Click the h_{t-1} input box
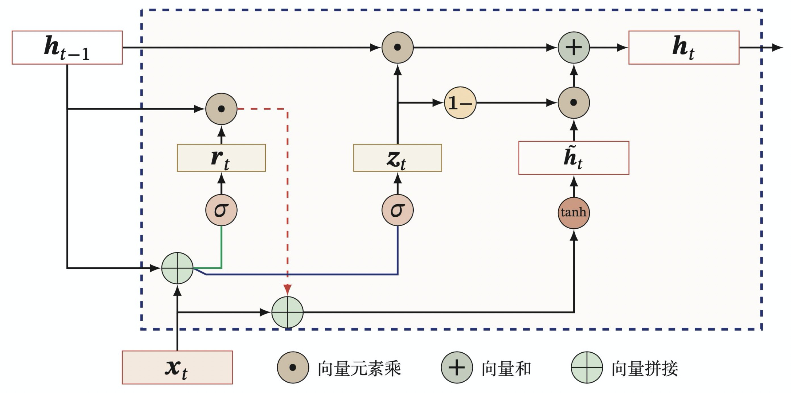pos(67,47)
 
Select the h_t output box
pos(684,47)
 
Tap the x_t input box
pos(177,367)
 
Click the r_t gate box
pos(221,158)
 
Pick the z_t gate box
pos(398,158)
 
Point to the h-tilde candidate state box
pos(574,158)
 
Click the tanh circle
pos(574,213)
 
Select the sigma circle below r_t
pos(221,210)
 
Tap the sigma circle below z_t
pos(398,210)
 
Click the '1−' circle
pos(460,103)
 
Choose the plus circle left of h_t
pos(574,47)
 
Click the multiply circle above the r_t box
pos(221,109)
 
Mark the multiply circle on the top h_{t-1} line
pos(398,47)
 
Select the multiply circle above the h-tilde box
pos(574,103)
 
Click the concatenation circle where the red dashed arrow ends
pos(287,312)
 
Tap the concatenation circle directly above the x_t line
pos(177,268)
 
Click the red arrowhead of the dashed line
pos(287,290)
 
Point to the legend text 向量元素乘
pos(359,368)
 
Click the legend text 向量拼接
pos(645,368)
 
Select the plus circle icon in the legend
pos(457,367)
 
